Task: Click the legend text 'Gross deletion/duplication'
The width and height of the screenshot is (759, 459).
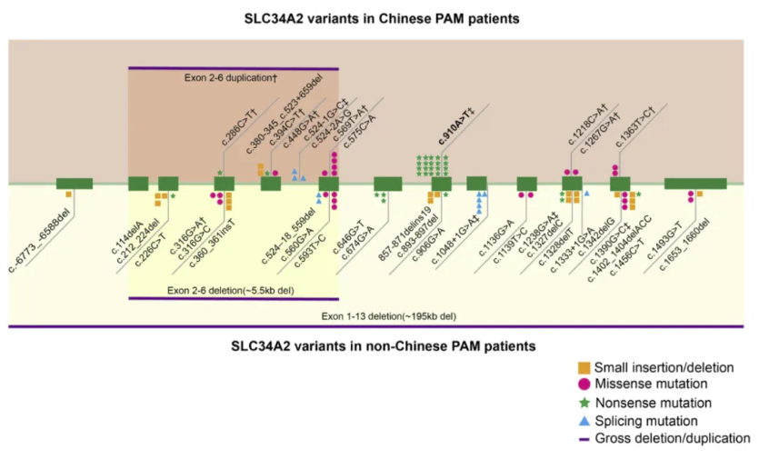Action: tap(672, 438)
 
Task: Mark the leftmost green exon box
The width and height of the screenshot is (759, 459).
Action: tap(74, 184)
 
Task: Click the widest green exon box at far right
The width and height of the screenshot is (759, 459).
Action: tap(694, 184)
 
